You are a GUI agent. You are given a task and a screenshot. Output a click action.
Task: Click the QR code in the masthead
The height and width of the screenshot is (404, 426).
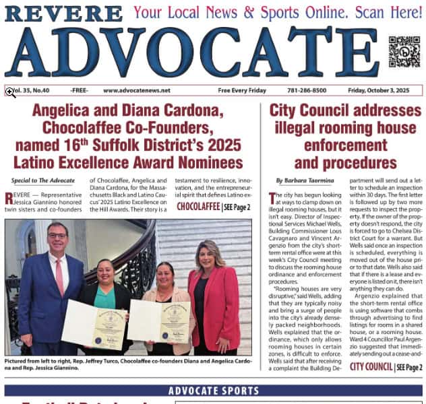(x=404, y=52)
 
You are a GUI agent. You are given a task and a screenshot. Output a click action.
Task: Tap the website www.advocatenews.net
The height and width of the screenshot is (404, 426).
(x=137, y=90)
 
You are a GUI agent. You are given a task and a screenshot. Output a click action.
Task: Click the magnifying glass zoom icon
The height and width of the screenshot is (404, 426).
(x=11, y=92)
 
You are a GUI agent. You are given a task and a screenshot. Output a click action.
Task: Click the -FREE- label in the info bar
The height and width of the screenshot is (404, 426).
(x=78, y=90)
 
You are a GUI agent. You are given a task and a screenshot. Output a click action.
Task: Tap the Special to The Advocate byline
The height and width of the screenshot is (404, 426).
(x=43, y=180)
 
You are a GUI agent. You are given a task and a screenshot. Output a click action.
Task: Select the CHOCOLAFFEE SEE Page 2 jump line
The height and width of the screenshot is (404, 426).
(x=213, y=207)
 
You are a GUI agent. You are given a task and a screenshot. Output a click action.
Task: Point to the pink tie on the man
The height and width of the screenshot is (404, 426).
(x=59, y=275)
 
